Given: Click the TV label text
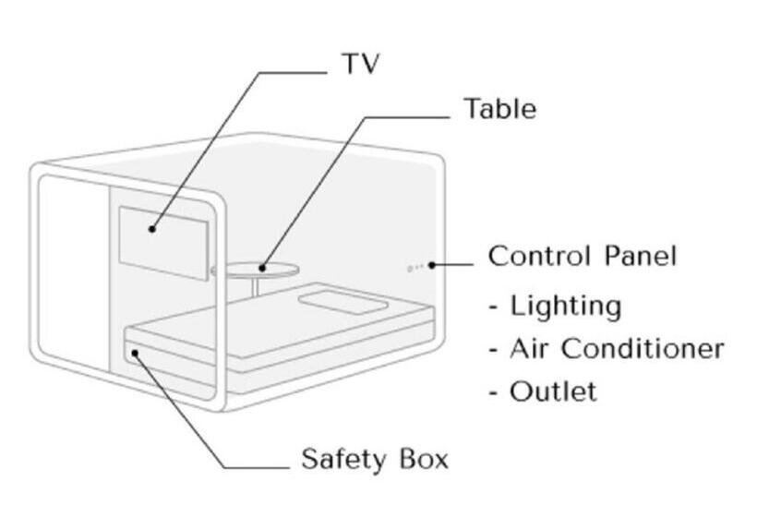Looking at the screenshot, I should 360,64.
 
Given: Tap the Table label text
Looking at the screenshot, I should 499,109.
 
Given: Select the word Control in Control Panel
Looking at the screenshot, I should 533,256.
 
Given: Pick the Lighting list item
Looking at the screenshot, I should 565,305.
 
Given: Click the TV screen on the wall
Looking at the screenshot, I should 162,239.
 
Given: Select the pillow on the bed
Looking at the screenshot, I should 340,301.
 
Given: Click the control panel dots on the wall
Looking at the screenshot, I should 415,268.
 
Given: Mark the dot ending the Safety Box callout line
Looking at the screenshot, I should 136,352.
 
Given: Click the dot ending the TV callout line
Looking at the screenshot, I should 152,228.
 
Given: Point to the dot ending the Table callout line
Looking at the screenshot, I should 263,269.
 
